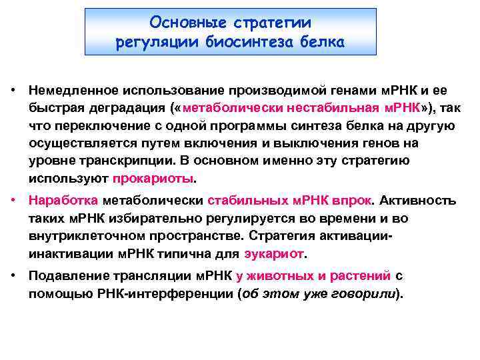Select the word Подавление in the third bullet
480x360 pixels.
(x=64, y=275)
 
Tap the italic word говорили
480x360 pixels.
(x=369, y=293)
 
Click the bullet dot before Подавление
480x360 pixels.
(x=13, y=275)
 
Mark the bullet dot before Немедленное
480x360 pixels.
(x=13, y=90)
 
